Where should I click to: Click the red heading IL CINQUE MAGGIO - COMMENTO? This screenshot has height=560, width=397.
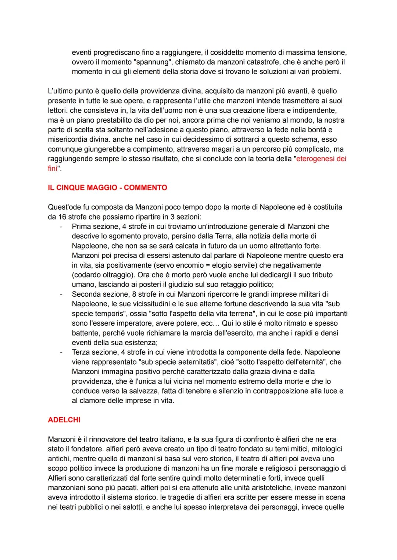click(x=107, y=188)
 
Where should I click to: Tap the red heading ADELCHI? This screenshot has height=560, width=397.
click(x=64, y=420)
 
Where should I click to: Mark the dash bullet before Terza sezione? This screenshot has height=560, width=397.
click(x=61, y=352)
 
